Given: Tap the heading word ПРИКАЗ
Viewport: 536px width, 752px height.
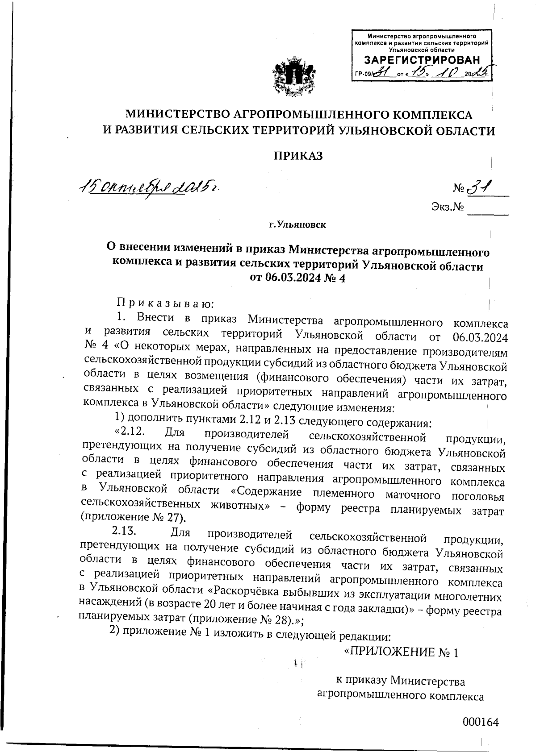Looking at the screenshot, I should (x=298, y=156).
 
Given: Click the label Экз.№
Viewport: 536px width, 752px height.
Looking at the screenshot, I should (x=447, y=207).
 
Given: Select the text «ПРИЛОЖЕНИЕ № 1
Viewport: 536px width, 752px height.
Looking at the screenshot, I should (x=401, y=652).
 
